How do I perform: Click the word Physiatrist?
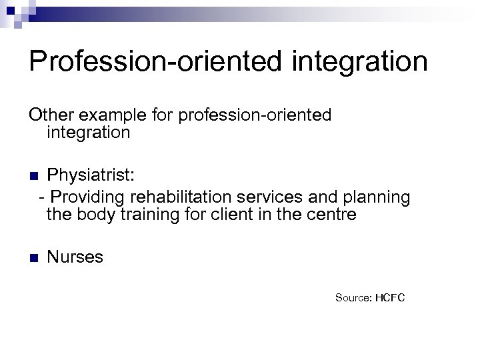[x=91, y=175]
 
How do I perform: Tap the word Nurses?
[x=75, y=257]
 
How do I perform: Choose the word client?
[x=233, y=215]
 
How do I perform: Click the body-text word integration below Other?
[x=88, y=133]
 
